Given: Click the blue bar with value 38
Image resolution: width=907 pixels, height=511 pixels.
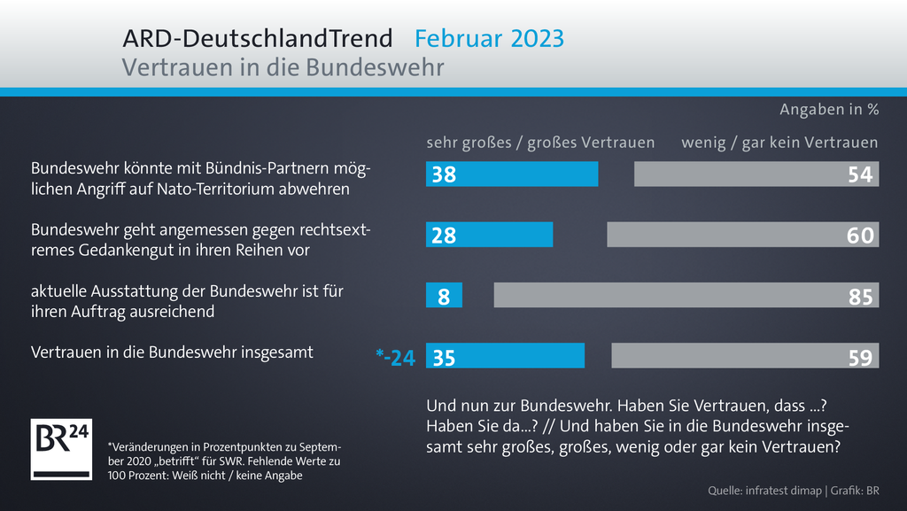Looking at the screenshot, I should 512,174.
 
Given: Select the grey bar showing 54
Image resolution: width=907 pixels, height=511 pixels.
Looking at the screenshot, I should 756,174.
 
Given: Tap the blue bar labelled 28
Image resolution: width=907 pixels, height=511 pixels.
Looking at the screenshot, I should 489,235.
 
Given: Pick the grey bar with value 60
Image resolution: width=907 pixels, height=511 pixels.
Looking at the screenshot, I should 742,235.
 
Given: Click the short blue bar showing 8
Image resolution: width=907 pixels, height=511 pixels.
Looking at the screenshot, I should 444,296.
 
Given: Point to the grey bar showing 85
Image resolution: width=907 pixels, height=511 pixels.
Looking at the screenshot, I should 686,296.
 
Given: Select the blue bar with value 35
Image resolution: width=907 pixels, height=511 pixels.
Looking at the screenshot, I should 505,356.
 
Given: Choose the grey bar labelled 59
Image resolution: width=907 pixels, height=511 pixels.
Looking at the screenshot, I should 745,356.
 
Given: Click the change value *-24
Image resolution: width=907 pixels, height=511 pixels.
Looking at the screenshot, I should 395,357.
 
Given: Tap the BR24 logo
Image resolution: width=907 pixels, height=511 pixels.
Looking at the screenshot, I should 61,449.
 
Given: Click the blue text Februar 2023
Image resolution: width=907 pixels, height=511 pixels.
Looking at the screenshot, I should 489,39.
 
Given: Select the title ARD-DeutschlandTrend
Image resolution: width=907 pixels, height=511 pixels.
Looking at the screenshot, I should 257,39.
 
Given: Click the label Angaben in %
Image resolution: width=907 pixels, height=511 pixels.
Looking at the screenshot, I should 828,111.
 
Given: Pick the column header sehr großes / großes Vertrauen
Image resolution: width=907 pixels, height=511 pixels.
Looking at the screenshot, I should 540,143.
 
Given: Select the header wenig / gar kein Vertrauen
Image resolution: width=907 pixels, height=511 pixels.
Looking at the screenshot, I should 779,143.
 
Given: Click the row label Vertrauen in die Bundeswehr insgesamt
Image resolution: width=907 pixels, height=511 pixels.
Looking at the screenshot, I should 172,352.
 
